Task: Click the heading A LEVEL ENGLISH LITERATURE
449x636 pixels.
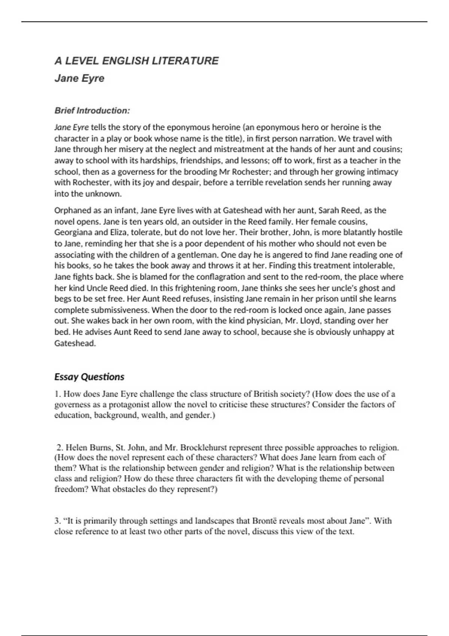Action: [137, 61]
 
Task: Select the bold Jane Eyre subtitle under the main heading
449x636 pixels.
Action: [79, 78]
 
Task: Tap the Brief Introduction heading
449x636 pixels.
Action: [92, 111]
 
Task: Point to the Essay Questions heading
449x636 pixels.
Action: [89, 377]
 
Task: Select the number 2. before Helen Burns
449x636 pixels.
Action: [60, 447]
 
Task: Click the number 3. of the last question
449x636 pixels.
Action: [58, 521]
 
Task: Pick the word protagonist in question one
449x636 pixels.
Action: [128, 404]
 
